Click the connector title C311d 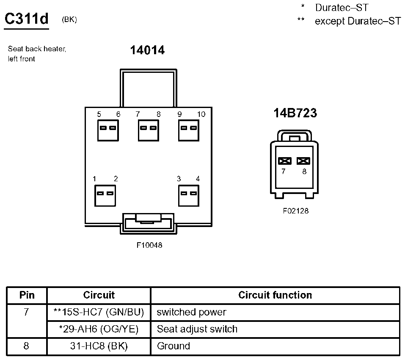tap(26, 19)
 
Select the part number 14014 tap(147, 50)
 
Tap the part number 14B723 tap(295, 113)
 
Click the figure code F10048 tap(149, 245)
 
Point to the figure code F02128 tap(295, 210)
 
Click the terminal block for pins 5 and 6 tap(107, 130)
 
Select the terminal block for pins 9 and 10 tap(189, 130)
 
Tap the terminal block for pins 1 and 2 tap(105, 195)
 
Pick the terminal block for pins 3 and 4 tap(189, 195)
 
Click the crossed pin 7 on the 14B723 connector tap(285, 161)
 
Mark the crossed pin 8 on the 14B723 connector tap(303, 161)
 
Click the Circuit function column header tap(275, 295)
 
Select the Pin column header tap(27, 295)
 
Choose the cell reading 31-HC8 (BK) tap(99, 346)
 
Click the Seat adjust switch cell tap(197, 329)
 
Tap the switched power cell tap(191, 312)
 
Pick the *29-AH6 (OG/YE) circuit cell tap(99, 329)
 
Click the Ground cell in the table tap(174, 346)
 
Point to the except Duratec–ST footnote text tap(357, 21)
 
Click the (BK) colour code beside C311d tap(69, 19)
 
